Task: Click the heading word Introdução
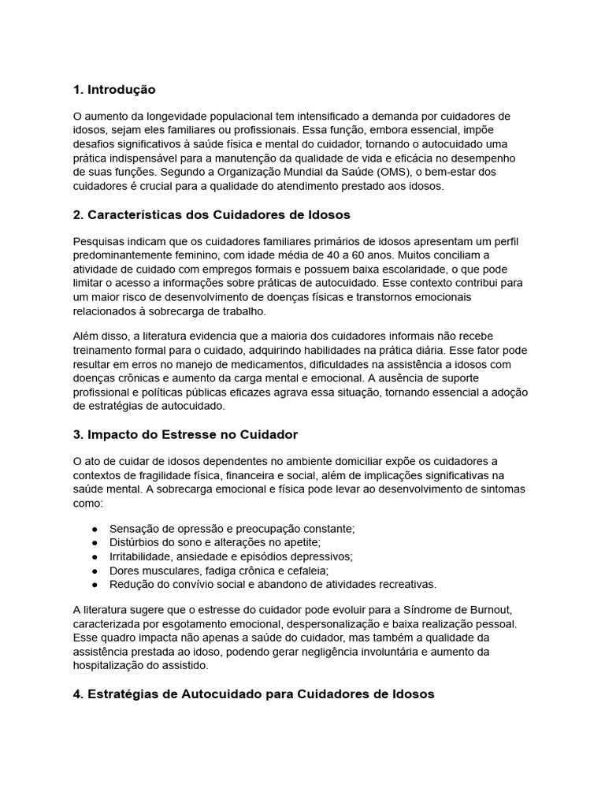(x=121, y=89)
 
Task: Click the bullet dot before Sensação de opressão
(x=95, y=528)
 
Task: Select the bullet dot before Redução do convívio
(x=95, y=585)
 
